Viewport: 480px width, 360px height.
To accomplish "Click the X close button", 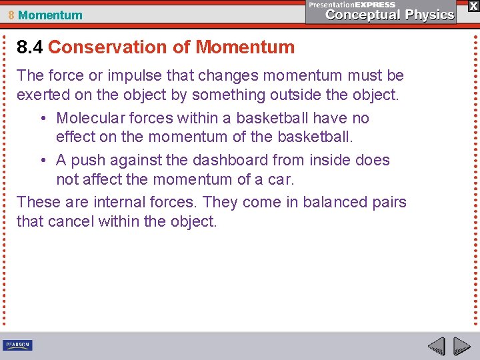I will coord(473,5).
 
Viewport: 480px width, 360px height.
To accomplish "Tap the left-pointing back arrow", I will coord(436,346).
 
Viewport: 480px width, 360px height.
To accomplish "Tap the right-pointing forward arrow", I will coord(461,346).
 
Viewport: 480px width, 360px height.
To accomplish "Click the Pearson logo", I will coord(17,345).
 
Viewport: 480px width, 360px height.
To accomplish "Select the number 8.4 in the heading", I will coord(30,47).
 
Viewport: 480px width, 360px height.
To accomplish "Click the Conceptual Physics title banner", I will coord(391,15).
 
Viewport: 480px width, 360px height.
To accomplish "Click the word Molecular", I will coord(89,118).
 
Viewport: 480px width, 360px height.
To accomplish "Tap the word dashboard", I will coord(230,160).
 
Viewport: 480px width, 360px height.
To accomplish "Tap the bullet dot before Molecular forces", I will coord(42,119).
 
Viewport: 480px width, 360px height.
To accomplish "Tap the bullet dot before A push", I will coord(42,161).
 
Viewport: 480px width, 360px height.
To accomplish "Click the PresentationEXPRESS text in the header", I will coord(353,5).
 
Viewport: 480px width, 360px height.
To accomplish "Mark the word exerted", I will coord(42,95).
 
